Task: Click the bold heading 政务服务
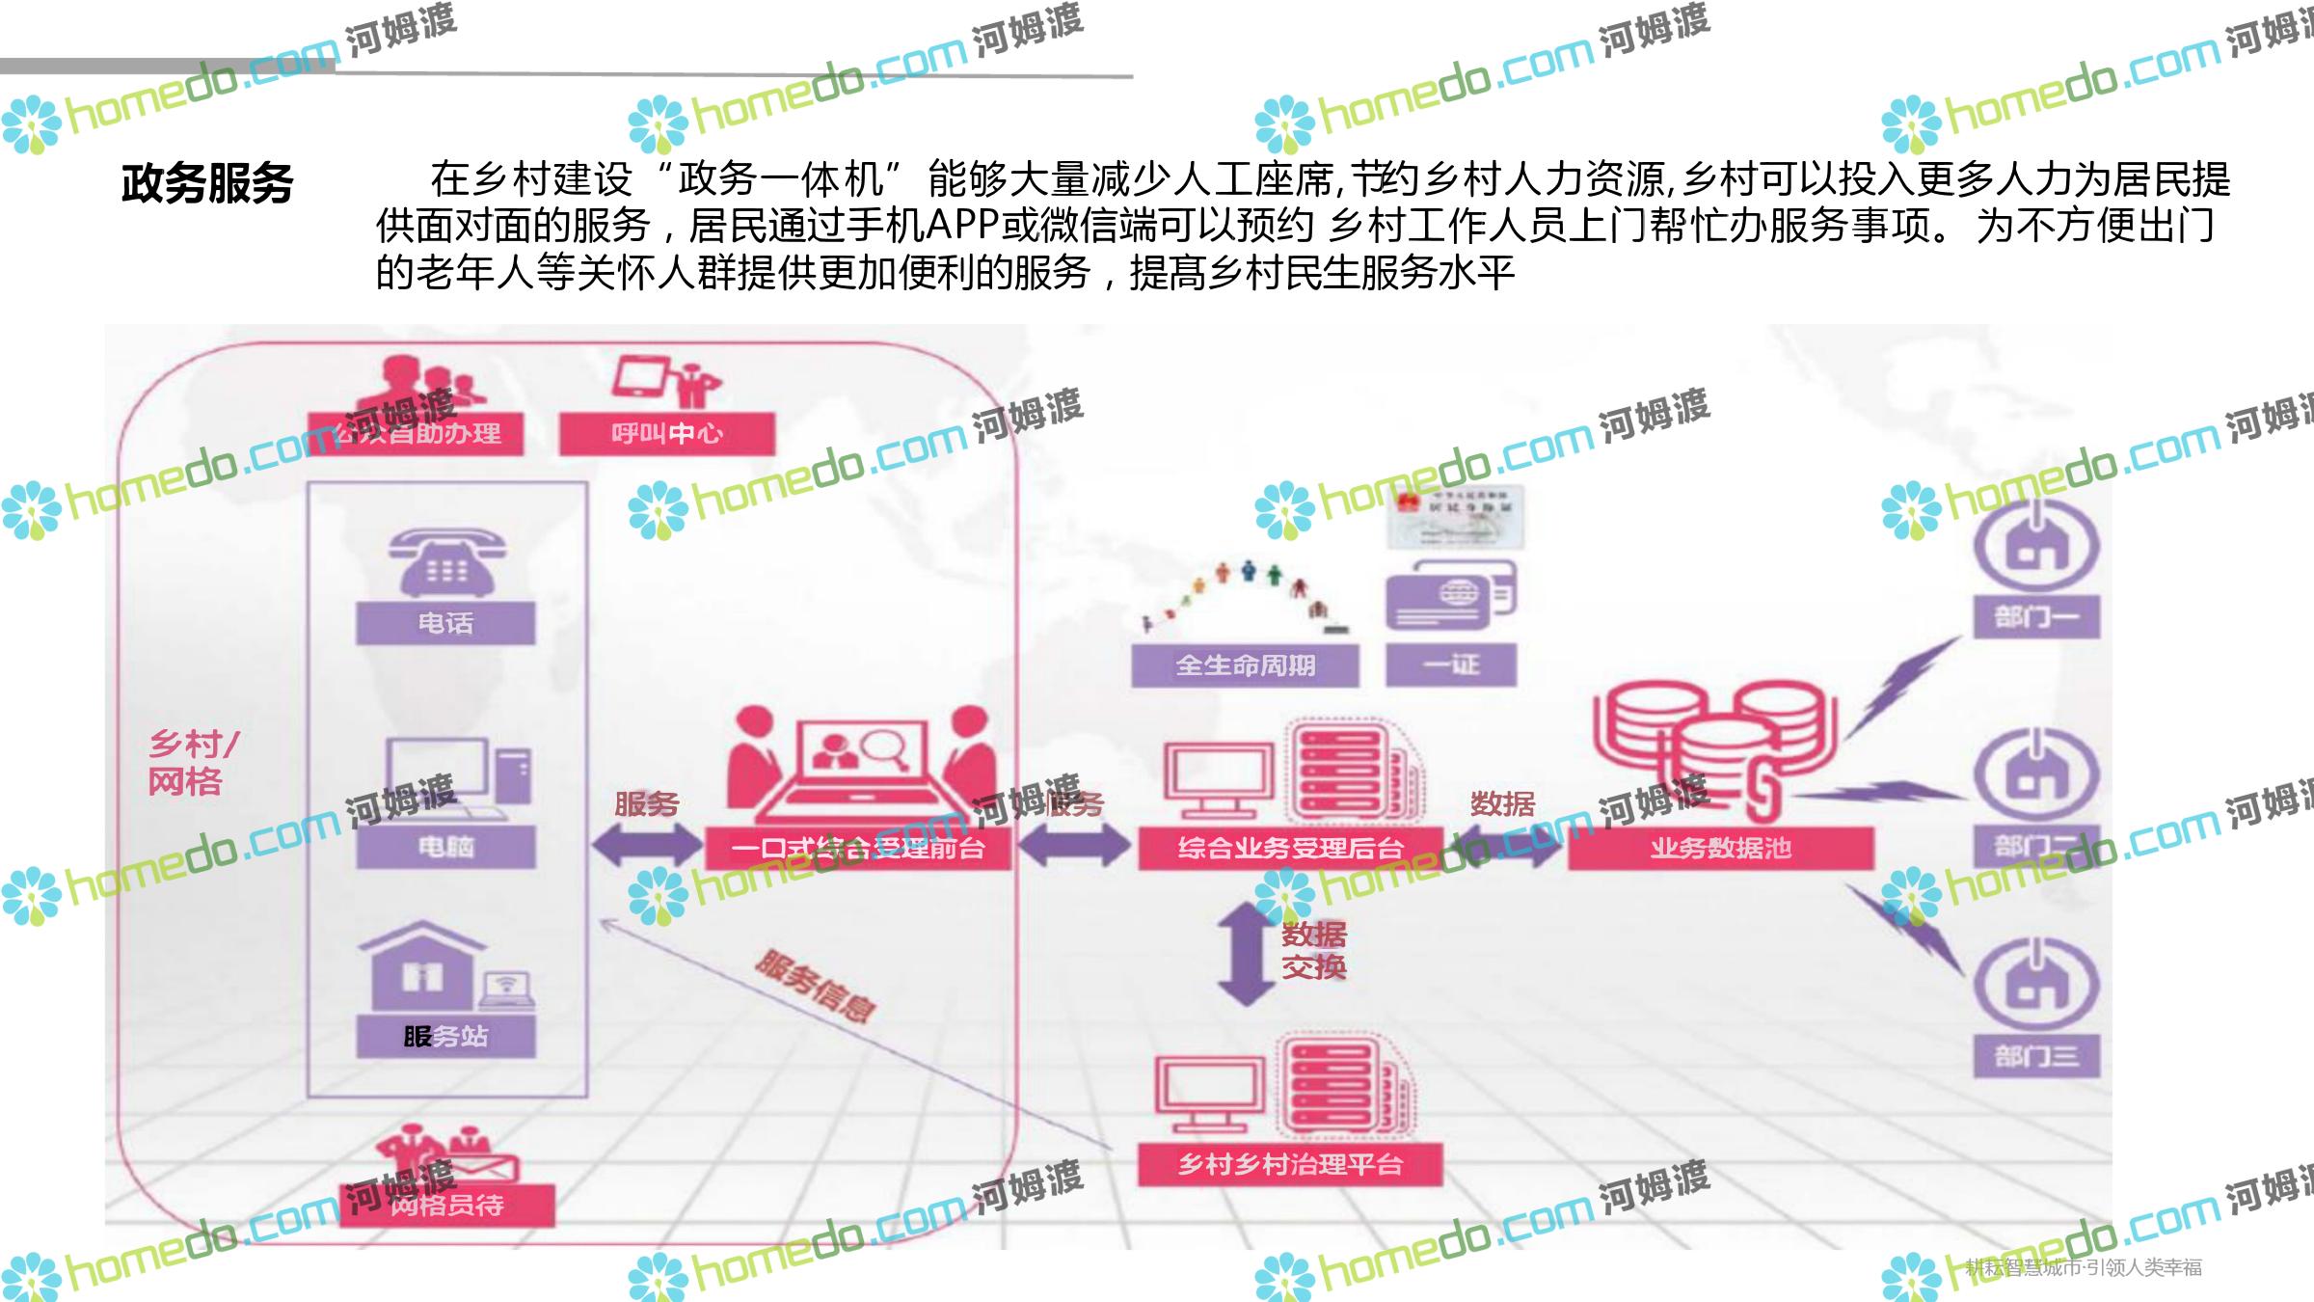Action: tap(207, 183)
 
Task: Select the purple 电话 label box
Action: tap(445, 623)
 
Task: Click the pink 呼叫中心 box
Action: tap(667, 434)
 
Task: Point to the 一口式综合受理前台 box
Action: tap(857, 849)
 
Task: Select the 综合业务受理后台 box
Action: tap(1290, 849)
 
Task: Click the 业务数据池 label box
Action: tap(1721, 849)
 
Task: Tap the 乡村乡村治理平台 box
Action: tap(1290, 1164)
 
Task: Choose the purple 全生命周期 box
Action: tap(1245, 665)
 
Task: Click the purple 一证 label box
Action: tap(1451, 665)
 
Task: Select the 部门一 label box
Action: tap(2036, 616)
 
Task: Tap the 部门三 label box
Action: tap(2036, 1056)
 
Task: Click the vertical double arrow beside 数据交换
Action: tap(1246, 953)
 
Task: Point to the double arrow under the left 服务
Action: tap(647, 847)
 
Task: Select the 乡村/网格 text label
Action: tap(191, 762)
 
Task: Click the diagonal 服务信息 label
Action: tap(816, 986)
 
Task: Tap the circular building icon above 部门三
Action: tap(2036, 984)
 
